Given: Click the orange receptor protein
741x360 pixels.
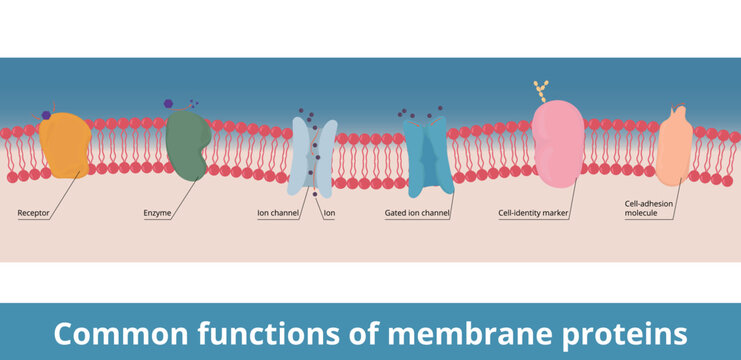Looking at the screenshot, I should (x=65, y=146).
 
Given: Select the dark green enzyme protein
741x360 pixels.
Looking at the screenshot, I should (x=186, y=146).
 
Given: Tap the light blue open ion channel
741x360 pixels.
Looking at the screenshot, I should (x=314, y=155).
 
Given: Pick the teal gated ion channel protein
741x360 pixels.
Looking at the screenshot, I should (x=430, y=155).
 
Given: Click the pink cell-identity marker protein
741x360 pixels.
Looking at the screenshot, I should (x=557, y=146).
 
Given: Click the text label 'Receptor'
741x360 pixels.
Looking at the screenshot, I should (x=34, y=213).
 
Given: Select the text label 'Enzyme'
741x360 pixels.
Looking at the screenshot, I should (x=158, y=213).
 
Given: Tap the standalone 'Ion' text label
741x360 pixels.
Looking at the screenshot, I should (x=329, y=213).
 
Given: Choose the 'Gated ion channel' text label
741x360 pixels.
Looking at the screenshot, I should (x=417, y=213).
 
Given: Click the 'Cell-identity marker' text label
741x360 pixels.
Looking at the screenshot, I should (x=533, y=213).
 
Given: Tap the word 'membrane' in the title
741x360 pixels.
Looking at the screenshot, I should (x=450, y=332).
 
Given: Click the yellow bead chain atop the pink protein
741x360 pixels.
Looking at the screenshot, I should (x=541, y=91).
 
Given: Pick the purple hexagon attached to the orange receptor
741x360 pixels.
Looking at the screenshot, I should (x=45, y=116).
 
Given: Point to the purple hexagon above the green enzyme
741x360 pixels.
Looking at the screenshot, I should (x=169, y=103).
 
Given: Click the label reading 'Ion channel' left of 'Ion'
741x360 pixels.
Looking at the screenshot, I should (x=278, y=213).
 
